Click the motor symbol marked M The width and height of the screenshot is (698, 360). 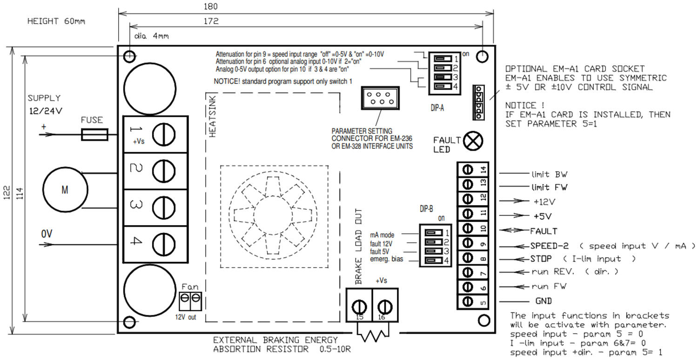tap(65, 189)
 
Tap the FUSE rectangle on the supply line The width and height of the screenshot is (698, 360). tap(94, 135)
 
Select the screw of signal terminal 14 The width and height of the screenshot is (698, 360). tap(468, 169)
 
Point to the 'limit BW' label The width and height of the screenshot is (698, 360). tap(549, 174)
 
